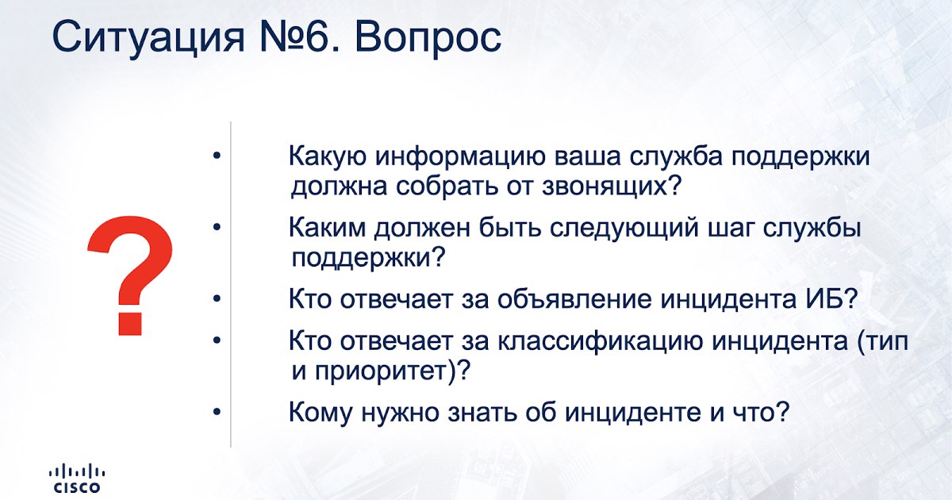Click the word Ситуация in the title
(x=148, y=38)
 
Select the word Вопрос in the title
(x=428, y=38)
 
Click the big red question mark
(x=130, y=275)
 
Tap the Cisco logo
(x=77, y=479)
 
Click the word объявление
(x=574, y=299)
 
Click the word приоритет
(x=382, y=371)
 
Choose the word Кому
(x=320, y=413)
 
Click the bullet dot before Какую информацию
(x=217, y=156)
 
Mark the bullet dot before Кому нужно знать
(x=217, y=412)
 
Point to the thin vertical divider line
(x=231, y=284)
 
